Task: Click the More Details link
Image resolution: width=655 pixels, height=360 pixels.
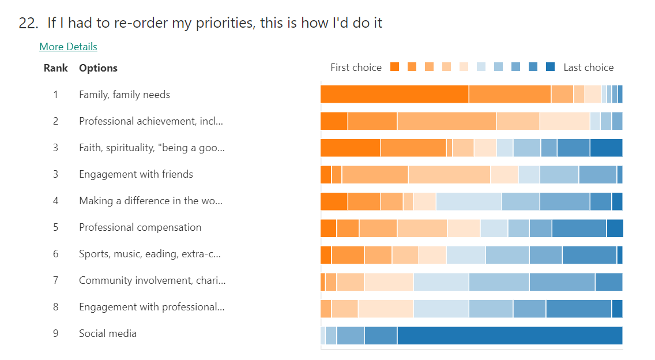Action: tap(68, 47)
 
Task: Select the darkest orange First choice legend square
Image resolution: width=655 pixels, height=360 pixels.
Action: tap(394, 67)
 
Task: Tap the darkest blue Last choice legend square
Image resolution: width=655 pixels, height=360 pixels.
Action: tap(550, 67)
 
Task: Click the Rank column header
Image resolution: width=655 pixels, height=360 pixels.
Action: tap(55, 68)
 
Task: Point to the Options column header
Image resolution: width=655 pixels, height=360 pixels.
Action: tap(98, 68)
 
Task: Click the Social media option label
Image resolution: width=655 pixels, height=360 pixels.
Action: tap(108, 333)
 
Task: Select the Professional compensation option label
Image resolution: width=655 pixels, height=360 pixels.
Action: tap(140, 227)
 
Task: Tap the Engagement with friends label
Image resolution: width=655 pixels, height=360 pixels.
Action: tap(136, 174)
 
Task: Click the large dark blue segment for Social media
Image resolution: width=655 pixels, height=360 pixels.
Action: tap(510, 336)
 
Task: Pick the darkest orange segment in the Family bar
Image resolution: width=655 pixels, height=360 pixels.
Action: tap(394, 94)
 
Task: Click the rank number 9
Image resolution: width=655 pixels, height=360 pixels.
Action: tap(56, 333)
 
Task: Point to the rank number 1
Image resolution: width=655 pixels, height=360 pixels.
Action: tap(56, 95)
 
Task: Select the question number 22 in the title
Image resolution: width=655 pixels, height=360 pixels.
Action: tap(28, 23)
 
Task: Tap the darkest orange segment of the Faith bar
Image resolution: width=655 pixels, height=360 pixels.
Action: tap(350, 148)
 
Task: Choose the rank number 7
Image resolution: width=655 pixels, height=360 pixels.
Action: tap(56, 280)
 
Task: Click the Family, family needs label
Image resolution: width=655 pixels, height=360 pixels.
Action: tap(125, 95)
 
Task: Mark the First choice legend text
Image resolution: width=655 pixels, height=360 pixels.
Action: tap(356, 67)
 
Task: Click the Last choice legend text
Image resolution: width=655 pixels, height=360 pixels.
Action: tap(588, 67)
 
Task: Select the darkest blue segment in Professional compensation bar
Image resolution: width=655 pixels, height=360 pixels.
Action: tap(615, 228)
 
